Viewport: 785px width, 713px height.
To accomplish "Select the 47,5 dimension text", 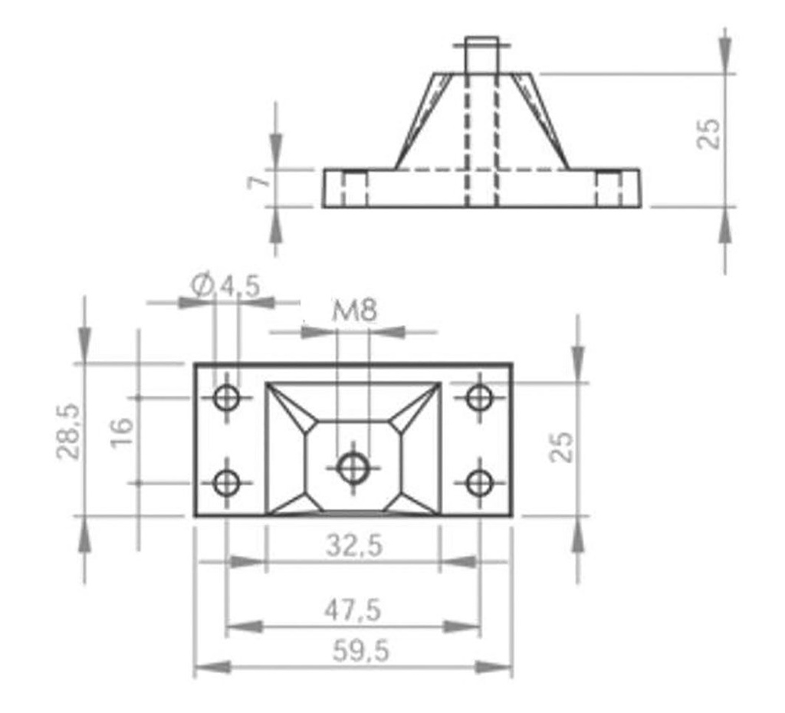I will pos(353,610).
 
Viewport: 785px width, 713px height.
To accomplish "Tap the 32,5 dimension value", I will pos(354,546).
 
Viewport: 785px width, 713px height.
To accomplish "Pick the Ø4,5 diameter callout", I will pos(225,286).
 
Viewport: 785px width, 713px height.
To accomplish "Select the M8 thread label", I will pos(354,311).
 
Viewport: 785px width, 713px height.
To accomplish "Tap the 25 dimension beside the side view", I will pos(711,133).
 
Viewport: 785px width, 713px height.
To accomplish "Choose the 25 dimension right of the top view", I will pos(563,446).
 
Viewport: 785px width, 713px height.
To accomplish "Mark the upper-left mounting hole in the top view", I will pos(227,398).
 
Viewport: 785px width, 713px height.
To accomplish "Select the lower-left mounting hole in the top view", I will pos(227,482).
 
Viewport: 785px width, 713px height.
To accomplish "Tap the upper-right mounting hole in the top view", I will pos(480,398).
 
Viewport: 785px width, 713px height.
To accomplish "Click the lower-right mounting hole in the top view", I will pos(480,482).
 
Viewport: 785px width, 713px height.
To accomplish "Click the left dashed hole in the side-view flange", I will pos(354,189).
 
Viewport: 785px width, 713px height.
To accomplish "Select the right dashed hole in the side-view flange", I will pos(609,189).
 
